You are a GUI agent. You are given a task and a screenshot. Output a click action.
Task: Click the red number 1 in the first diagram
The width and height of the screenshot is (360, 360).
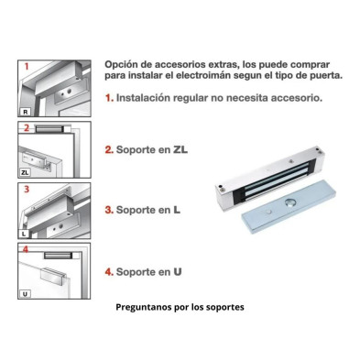(x=27, y=66)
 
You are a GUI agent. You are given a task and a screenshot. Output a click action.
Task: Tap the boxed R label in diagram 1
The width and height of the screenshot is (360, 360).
(x=26, y=112)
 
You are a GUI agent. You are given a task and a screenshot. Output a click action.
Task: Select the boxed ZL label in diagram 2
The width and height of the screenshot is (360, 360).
(x=25, y=172)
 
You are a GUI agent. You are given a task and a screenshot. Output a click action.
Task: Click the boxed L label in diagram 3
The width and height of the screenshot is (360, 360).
(x=24, y=235)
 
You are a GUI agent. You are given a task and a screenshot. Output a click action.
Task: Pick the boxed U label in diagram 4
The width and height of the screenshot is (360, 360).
(x=25, y=294)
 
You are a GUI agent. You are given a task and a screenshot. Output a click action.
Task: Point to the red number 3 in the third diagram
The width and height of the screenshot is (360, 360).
(x=27, y=190)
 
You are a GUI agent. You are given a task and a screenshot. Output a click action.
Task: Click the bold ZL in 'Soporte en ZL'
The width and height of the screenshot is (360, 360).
(x=180, y=149)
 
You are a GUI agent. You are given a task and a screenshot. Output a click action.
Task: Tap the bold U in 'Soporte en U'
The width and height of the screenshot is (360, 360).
(x=178, y=271)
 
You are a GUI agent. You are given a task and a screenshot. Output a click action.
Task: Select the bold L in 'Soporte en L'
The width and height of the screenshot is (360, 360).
(x=177, y=210)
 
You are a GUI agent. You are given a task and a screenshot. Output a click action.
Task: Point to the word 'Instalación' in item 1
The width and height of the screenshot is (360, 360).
(x=143, y=98)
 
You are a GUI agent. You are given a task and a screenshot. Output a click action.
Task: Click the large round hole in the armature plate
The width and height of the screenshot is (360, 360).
(x=289, y=202)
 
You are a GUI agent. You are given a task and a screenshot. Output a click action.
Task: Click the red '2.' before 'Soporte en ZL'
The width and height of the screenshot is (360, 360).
(x=109, y=149)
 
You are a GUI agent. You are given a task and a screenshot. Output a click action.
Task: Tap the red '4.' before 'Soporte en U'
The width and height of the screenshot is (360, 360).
(x=109, y=271)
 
